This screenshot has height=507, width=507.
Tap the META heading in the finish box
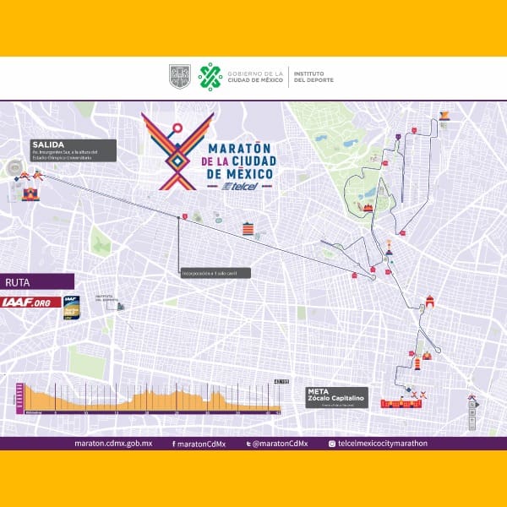click(x=319, y=391)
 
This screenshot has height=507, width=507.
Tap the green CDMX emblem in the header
click(x=210, y=77)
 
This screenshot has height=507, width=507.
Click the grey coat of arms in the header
click(x=180, y=77)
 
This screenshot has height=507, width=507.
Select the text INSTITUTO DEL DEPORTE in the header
click(x=313, y=77)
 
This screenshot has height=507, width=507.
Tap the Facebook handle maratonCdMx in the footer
click(x=195, y=444)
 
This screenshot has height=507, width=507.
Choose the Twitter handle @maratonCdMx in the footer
click(x=280, y=444)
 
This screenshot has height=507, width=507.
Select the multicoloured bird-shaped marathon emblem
click(x=177, y=152)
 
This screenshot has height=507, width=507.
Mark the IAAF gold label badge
click(x=71, y=305)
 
